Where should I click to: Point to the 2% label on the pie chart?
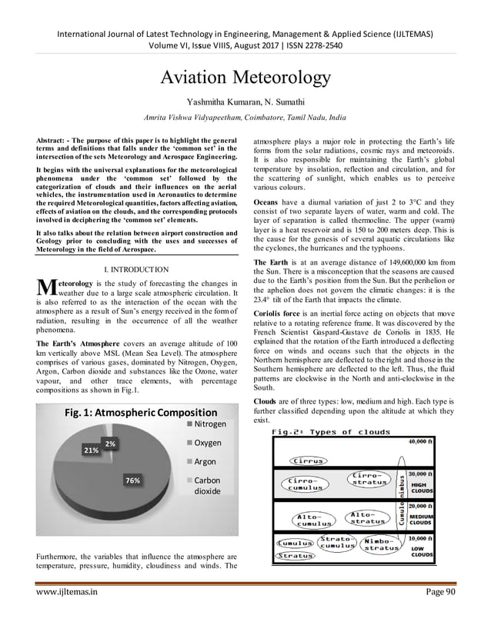click(110, 444)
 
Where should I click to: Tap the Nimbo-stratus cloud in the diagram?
click(382, 544)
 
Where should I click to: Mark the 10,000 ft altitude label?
click(423, 538)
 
